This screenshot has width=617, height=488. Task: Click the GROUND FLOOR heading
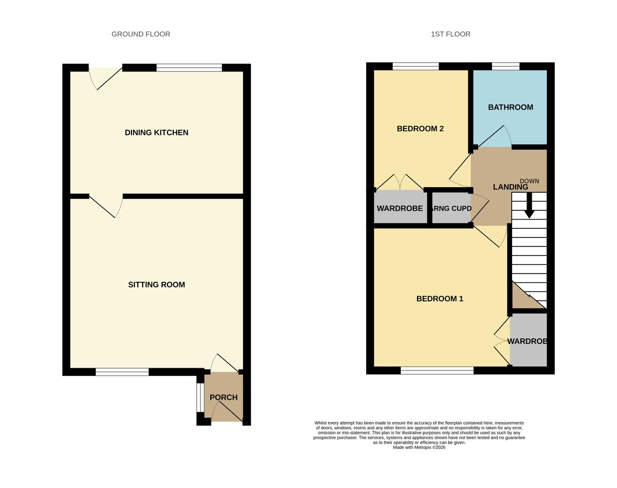[140, 34]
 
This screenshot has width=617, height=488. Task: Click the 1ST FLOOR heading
[450, 34]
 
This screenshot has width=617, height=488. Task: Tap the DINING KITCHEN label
[156, 133]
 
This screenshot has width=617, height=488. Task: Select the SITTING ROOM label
[156, 284]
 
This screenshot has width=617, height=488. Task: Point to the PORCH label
[224, 397]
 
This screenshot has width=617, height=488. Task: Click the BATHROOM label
[510, 107]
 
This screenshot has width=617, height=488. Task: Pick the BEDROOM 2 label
[420, 129]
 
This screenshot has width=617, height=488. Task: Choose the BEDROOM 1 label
[440, 298]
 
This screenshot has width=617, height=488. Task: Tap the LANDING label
[510, 187]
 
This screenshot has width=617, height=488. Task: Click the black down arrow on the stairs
[529, 206]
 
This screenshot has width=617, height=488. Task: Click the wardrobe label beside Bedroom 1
[527, 341]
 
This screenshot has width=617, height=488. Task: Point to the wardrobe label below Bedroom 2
[400, 208]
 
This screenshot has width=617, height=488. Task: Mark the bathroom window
[505, 66]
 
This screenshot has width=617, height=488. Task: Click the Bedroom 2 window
[415, 66]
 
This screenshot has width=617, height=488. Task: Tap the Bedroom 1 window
[437, 370]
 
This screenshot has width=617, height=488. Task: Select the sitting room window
[122, 372]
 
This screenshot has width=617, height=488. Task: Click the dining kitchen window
[189, 67]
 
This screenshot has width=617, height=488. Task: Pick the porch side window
[200, 397]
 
